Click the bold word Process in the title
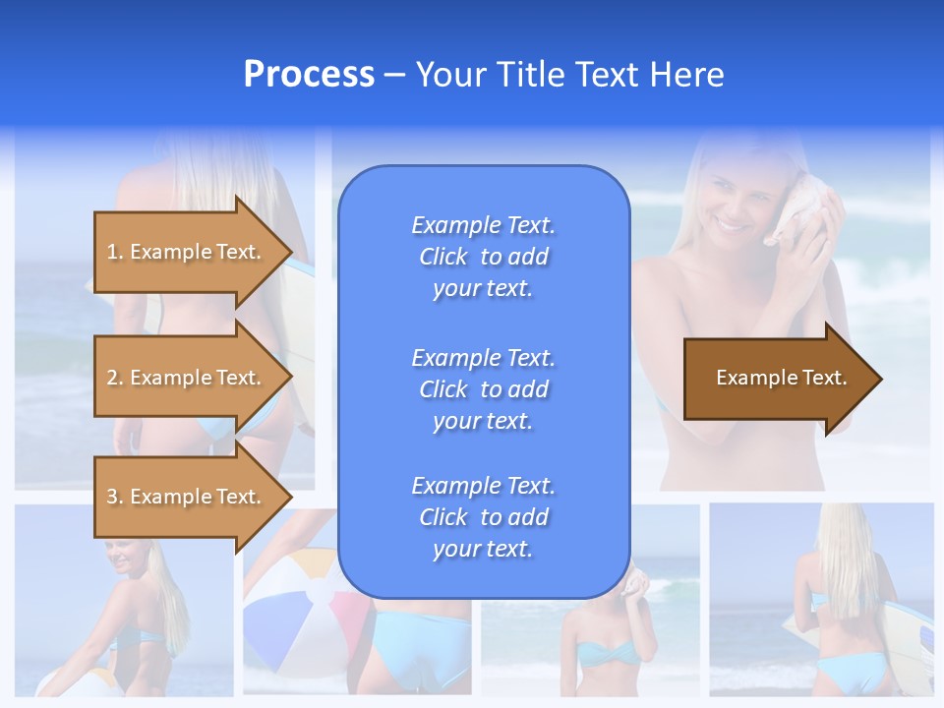(x=309, y=75)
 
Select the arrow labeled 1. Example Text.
(x=187, y=252)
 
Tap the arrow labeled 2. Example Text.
(x=187, y=378)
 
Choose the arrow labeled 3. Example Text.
(x=187, y=497)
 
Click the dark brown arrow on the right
(x=777, y=379)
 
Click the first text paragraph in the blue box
(x=483, y=257)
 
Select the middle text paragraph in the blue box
(x=483, y=389)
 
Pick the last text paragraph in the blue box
(x=483, y=517)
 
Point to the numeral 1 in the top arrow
(x=112, y=252)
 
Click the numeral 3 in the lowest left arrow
(x=112, y=497)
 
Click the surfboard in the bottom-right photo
(x=798, y=629)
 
